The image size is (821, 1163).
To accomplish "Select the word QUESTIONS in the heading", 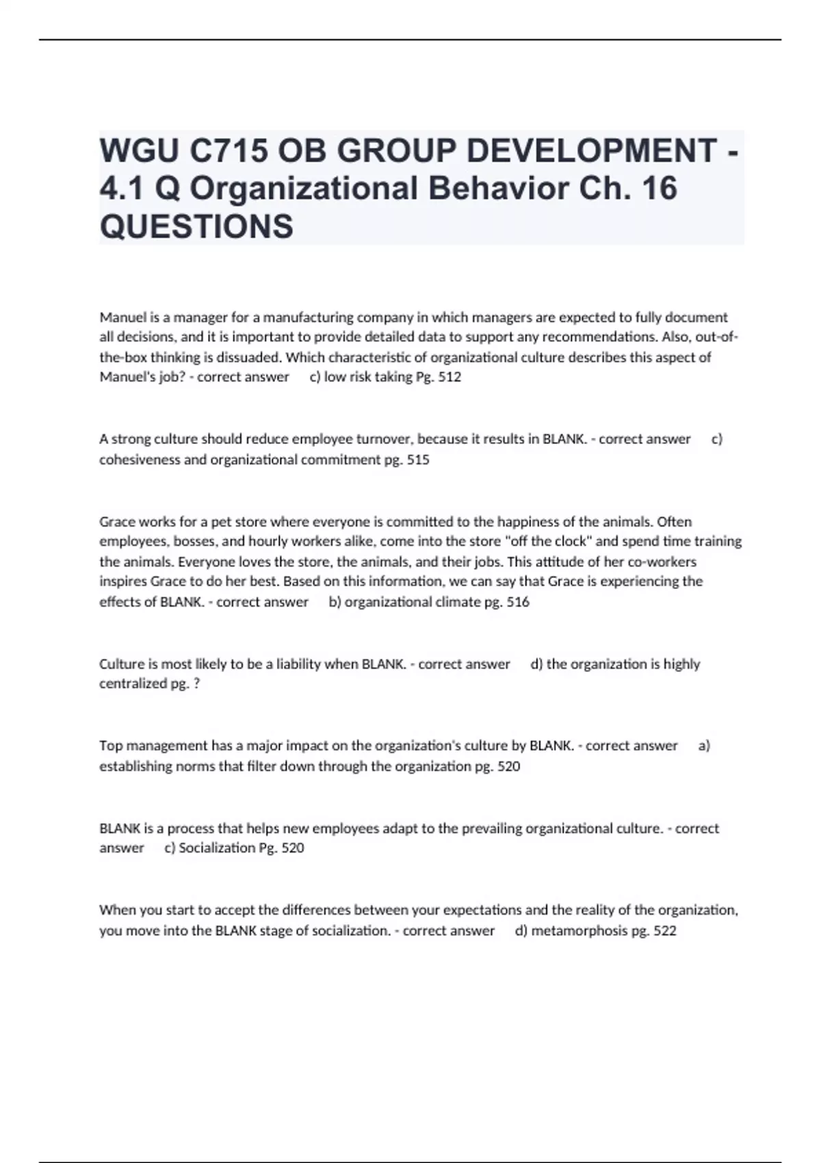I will tap(196, 226).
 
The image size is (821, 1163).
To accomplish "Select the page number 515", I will tap(417, 460).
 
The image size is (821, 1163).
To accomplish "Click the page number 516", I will tap(517, 602).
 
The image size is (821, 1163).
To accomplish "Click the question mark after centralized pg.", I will tap(196, 683).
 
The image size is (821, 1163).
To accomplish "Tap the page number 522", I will tap(664, 930).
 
